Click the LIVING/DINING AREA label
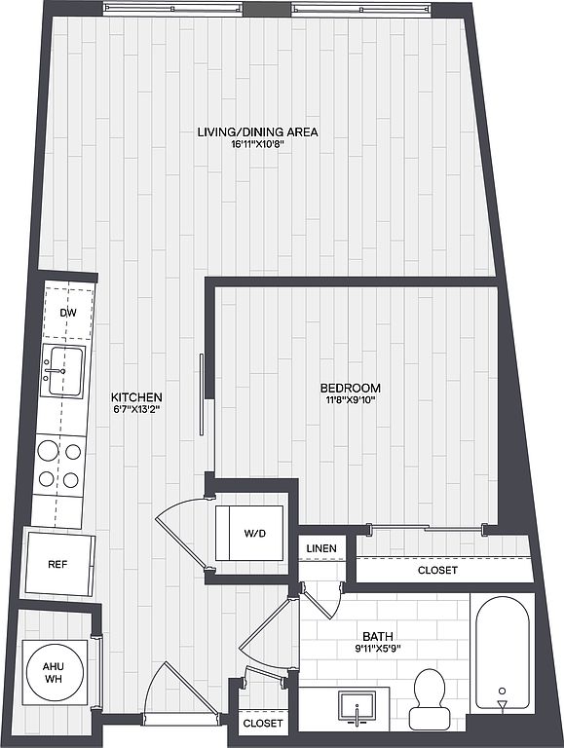pos(258,132)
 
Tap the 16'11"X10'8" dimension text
pos(257,144)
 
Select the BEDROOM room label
pos(351,388)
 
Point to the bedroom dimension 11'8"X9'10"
pos(351,399)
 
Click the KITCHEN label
pos(136,397)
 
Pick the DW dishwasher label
pos(68,313)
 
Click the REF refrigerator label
pos(57,564)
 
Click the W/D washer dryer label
pos(255,534)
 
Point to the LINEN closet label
pos(321,548)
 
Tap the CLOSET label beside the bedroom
pos(437,570)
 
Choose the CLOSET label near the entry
pos(263,724)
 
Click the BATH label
pos(378,636)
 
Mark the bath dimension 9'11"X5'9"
pos(378,649)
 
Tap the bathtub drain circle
pos(502,691)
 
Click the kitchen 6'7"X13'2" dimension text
pos(136,409)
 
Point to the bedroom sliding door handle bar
pos(202,394)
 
